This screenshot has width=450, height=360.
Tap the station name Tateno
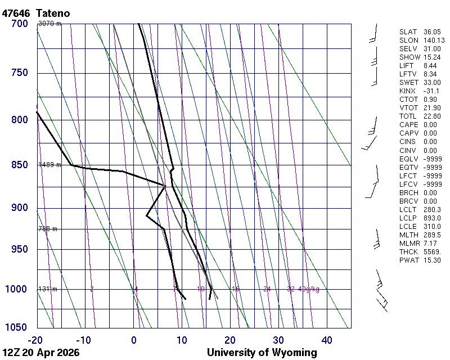53,13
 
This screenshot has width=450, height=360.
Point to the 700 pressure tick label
19,24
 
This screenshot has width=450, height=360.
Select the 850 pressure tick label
19,165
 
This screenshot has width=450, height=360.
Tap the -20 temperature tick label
35,340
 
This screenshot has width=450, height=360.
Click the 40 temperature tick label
327,340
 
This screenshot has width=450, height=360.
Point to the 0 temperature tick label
134,340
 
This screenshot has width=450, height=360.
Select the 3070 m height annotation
49,24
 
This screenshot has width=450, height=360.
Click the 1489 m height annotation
49,165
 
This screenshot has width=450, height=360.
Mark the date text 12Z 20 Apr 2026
40,353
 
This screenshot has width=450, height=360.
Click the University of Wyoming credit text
262,353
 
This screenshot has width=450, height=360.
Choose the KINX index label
407,91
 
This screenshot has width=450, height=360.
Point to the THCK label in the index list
408,252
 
